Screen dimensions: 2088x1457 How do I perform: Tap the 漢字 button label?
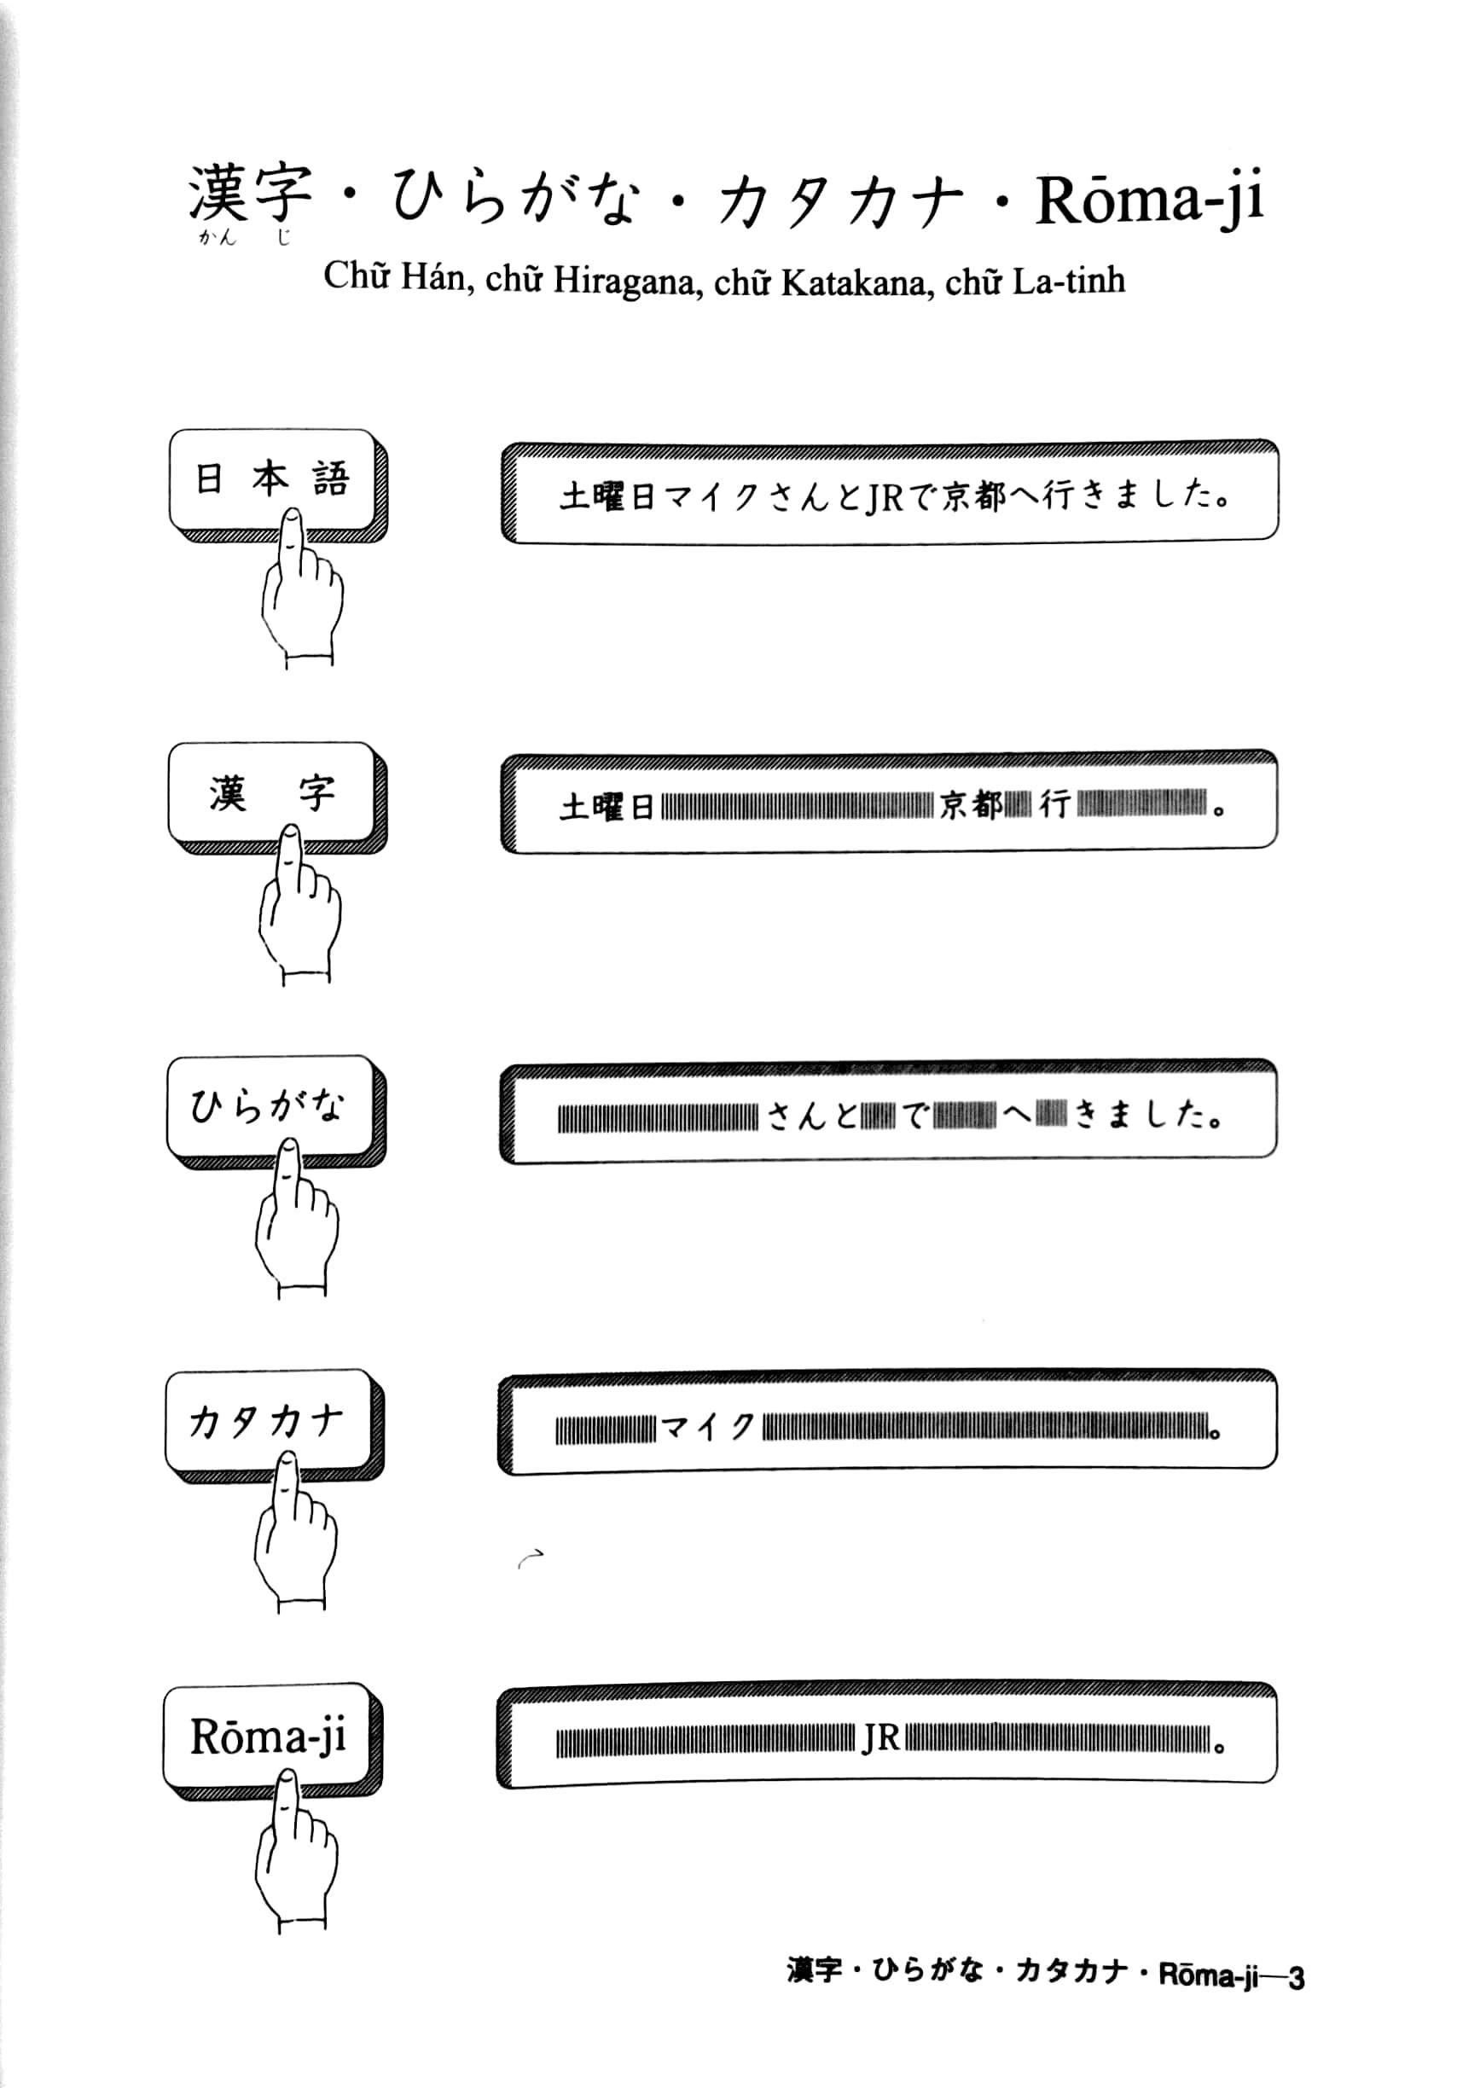271,793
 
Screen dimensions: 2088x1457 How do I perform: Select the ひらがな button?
270,1107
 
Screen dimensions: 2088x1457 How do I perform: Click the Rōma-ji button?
267,1736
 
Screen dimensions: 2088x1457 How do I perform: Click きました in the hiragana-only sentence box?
1148,1116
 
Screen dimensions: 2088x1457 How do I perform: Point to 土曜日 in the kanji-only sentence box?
607,807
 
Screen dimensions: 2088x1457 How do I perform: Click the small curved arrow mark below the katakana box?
530,1557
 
